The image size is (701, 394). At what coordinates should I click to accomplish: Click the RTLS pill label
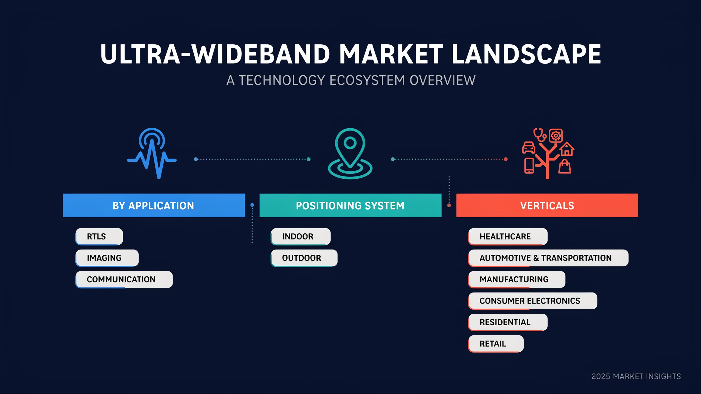pyautogui.click(x=99, y=236)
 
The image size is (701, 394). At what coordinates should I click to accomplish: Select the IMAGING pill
pyautogui.click(x=107, y=258)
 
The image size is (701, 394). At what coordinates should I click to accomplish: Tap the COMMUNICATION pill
pyautogui.click(x=124, y=279)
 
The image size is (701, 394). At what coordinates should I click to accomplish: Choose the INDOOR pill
pyautogui.click(x=301, y=236)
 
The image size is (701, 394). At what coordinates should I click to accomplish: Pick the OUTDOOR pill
pyautogui.click(x=304, y=258)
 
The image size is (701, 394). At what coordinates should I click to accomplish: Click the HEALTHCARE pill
pyautogui.click(x=508, y=236)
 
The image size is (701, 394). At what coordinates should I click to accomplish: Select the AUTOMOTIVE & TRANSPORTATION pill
pyautogui.click(x=548, y=258)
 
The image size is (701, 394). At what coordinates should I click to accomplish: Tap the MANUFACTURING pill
pyautogui.click(x=517, y=279)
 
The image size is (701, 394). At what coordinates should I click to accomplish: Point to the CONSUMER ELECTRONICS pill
pyautogui.click(x=533, y=301)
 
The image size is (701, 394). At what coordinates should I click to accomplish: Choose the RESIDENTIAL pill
pyautogui.click(x=508, y=322)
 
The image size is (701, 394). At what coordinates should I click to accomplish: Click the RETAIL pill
pyautogui.click(x=496, y=344)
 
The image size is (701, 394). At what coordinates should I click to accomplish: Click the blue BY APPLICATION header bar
pyautogui.click(x=154, y=205)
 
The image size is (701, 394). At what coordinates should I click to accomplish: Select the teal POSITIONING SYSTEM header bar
pyautogui.click(x=350, y=205)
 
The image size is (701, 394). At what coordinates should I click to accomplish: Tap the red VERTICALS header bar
pyautogui.click(x=547, y=205)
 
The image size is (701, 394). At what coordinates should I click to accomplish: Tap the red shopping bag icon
pyautogui.click(x=565, y=166)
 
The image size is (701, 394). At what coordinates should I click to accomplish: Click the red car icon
pyautogui.click(x=528, y=148)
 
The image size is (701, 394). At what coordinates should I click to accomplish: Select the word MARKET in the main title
pyautogui.click(x=391, y=54)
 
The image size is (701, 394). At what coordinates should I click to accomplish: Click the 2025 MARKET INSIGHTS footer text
pyautogui.click(x=636, y=376)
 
